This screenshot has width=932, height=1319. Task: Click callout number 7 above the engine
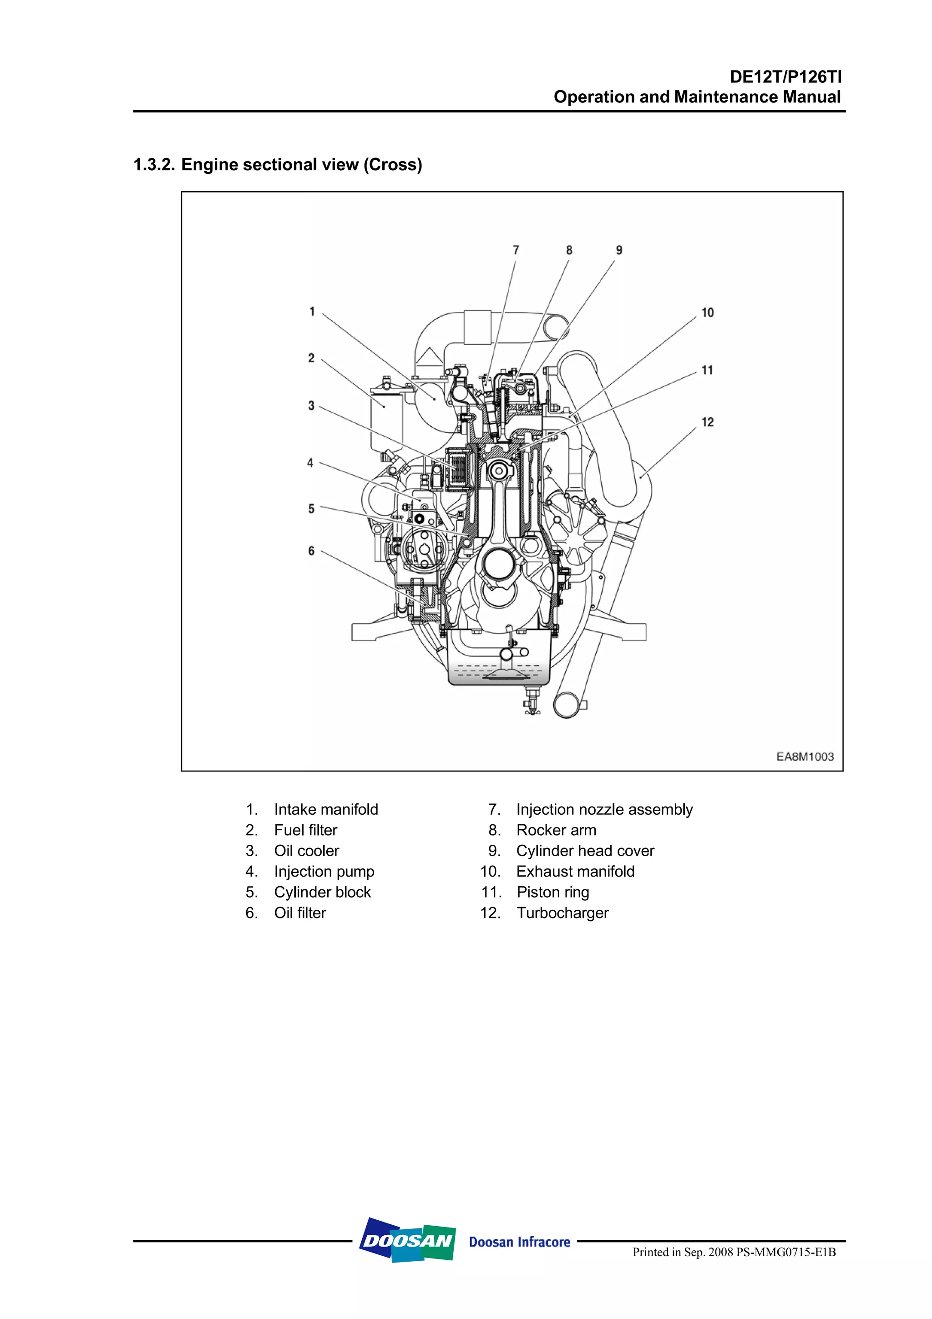(516, 250)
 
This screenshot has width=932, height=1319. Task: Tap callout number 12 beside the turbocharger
(708, 422)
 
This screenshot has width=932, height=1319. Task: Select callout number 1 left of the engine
(312, 311)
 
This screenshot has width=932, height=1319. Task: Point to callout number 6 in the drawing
(311, 551)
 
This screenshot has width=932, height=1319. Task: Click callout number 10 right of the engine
(708, 313)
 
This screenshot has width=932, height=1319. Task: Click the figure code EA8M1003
(805, 756)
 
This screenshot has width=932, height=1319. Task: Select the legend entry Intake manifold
(325, 809)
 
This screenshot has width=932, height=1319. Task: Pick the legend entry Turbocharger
(562, 913)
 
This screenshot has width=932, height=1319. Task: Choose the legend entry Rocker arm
(556, 830)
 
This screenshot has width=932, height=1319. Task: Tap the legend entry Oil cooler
(306, 851)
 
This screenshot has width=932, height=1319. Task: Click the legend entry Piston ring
(552, 892)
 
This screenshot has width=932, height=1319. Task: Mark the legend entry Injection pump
(324, 872)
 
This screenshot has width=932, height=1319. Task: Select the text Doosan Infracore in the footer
(519, 1242)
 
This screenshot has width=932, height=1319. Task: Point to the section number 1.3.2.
(154, 165)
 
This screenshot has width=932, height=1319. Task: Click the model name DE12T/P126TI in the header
(785, 77)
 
